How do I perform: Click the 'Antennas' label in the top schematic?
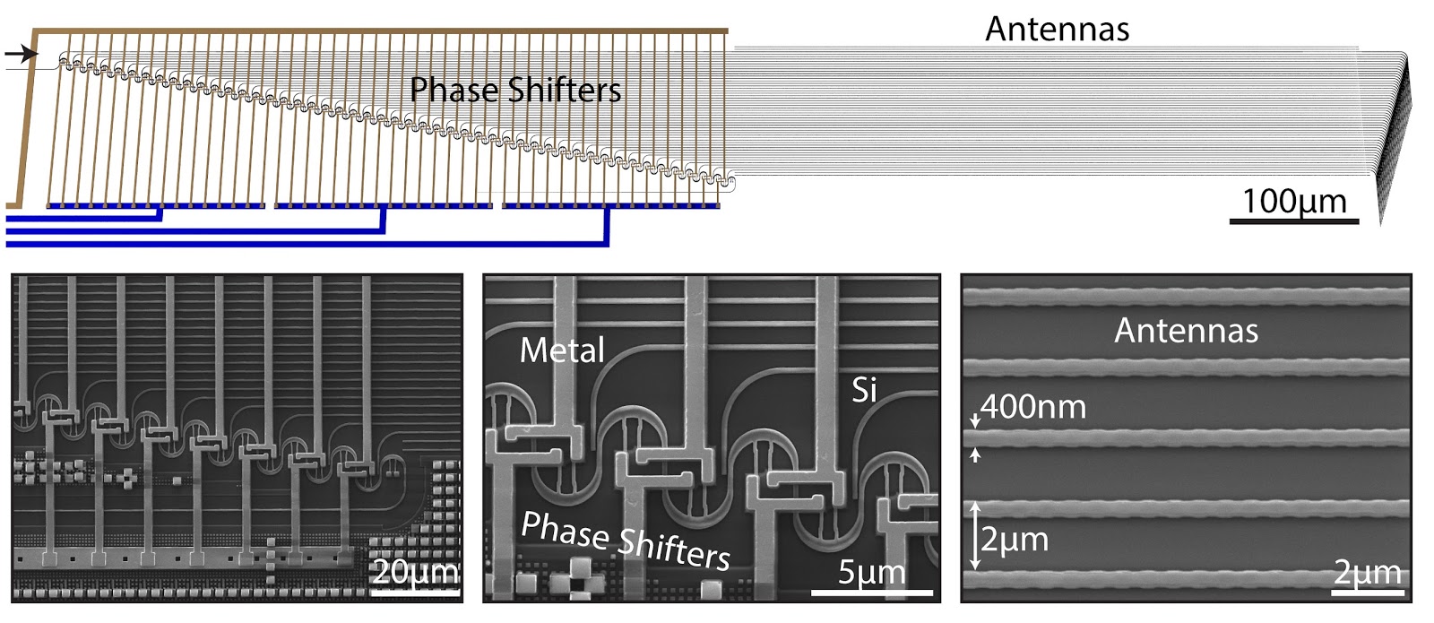pyautogui.click(x=1057, y=29)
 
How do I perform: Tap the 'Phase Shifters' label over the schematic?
pyautogui.click(x=515, y=90)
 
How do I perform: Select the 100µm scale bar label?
pyautogui.click(x=1293, y=201)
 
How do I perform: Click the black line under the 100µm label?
pyautogui.click(x=1293, y=221)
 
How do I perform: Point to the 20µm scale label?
pyautogui.click(x=415, y=571)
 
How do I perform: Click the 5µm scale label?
pyautogui.click(x=871, y=571)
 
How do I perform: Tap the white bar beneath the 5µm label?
pyautogui.click(x=871, y=592)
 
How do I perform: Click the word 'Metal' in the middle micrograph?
pyautogui.click(x=562, y=350)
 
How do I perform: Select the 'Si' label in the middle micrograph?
pyautogui.click(x=864, y=389)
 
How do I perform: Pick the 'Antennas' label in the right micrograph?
pyautogui.click(x=1186, y=331)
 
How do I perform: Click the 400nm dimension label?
pyautogui.click(x=1032, y=407)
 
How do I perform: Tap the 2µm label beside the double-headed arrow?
pyautogui.click(x=1015, y=540)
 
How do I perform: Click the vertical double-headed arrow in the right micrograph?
pyautogui.click(x=976, y=536)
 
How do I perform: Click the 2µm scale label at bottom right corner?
pyautogui.click(x=1367, y=571)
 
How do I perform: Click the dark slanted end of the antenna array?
pyautogui.click(x=1395, y=134)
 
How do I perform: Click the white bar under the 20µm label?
pyautogui.click(x=415, y=592)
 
